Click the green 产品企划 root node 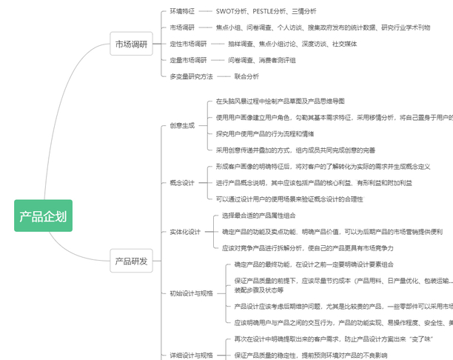pyautogui.click(x=43, y=216)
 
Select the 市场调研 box pyautogui.click(x=131, y=44)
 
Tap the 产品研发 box pyautogui.click(x=131, y=261)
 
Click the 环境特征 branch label pyautogui.click(x=182, y=11)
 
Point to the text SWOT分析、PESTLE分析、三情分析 pyautogui.click(x=266, y=11)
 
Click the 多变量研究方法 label pyautogui.click(x=191, y=76)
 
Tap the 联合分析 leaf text pyautogui.click(x=246, y=76)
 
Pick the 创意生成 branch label pyautogui.click(x=182, y=125)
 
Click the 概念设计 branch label pyautogui.click(x=182, y=182)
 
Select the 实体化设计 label pyautogui.click(x=185, y=232)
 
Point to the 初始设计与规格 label pyautogui.click(x=191, y=293)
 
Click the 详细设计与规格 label pyautogui.click(x=191, y=356)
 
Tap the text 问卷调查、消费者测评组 pyautogui.click(x=262, y=60)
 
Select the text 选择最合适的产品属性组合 pyautogui.click(x=259, y=216)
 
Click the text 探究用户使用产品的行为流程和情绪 pyautogui.click(x=265, y=133)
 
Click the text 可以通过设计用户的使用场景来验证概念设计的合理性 pyautogui.click(x=289, y=199)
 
